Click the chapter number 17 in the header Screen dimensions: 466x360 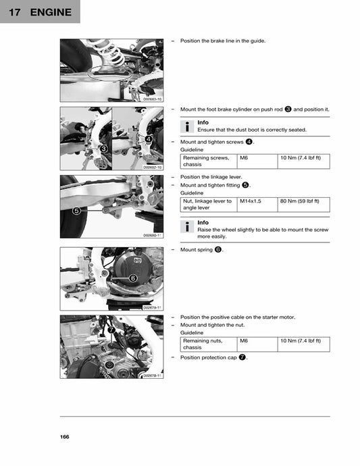(x=13, y=11)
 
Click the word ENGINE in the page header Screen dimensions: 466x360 (x=50, y=11)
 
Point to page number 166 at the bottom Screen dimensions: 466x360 (x=65, y=436)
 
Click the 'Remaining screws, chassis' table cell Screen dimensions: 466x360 (x=207, y=161)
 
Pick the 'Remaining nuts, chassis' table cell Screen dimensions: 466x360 (x=207, y=344)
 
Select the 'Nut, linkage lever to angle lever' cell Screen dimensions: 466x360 (x=207, y=205)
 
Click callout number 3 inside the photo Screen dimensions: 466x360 (x=103, y=148)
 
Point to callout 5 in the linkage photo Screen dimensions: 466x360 (x=76, y=211)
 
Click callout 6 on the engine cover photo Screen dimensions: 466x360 (x=133, y=278)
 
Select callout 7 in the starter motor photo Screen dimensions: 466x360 (x=111, y=330)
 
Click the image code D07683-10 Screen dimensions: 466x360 (x=153, y=99)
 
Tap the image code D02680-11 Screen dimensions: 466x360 (x=153, y=235)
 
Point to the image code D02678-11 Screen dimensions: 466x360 (x=153, y=376)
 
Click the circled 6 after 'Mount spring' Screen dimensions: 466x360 (x=218, y=250)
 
